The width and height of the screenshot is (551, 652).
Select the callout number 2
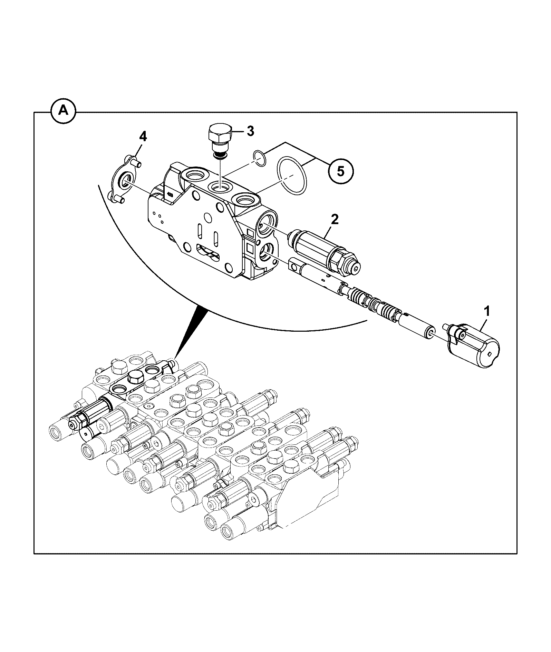[x=335, y=219]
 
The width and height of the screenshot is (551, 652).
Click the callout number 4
[x=143, y=137]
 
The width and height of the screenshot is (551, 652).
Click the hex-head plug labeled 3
[x=220, y=142]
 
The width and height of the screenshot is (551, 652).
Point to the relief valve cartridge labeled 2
[x=324, y=251]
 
